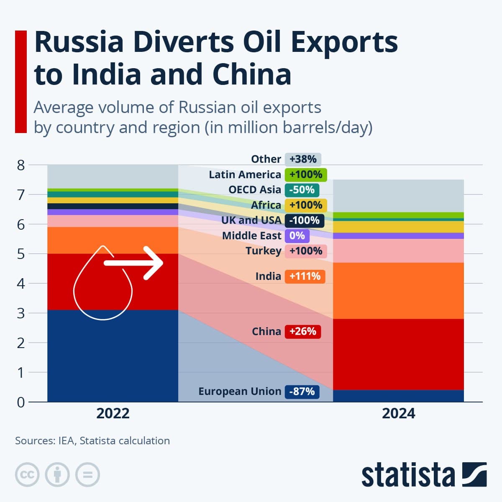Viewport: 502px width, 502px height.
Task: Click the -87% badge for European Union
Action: (302, 392)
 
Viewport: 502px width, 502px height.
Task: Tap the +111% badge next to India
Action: (305, 277)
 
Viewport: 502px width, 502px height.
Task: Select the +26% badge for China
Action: (302, 332)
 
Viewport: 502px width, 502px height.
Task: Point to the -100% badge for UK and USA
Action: (304, 220)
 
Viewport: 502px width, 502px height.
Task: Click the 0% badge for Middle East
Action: (297, 236)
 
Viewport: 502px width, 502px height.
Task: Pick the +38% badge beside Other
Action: (303, 159)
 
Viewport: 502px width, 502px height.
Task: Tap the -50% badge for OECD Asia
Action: (302, 190)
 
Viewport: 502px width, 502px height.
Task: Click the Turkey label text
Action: (263, 251)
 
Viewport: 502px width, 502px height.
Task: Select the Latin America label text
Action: (245, 174)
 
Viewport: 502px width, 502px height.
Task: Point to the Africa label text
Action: (266, 205)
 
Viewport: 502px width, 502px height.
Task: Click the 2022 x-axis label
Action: (113, 414)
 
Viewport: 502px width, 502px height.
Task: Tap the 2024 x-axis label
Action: (398, 414)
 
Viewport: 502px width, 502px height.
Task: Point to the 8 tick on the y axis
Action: (21, 165)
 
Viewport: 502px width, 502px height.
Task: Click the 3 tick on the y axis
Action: (21, 313)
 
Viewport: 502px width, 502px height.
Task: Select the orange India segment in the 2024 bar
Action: (398, 291)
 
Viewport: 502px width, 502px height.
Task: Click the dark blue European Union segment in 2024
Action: (398, 396)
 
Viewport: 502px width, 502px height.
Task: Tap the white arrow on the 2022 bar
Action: (134, 263)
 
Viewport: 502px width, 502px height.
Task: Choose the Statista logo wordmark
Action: (408, 475)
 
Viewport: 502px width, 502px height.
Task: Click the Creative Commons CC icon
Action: (27, 475)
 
